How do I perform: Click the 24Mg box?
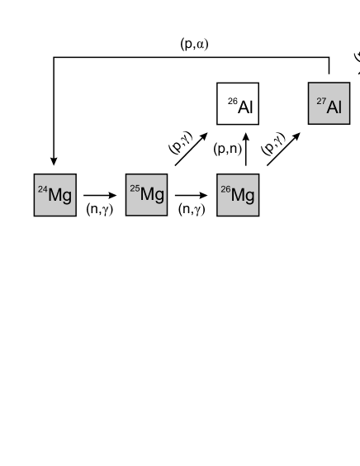click(54, 195)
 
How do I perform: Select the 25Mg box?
click(147, 195)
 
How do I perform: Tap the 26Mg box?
click(238, 195)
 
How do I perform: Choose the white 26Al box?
click(238, 104)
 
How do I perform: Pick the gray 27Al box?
click(329, 104)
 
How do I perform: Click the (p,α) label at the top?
click(194, 44)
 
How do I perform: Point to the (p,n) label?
click(226, 150)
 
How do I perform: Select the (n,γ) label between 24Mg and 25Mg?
click(99, 210)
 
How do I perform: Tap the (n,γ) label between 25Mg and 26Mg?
click(191, 210)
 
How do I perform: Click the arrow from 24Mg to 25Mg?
click(101, 196)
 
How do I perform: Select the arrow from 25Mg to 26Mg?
click(192, 196)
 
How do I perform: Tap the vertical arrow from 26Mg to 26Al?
click(245, 150)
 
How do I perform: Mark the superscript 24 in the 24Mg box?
click(43, 190)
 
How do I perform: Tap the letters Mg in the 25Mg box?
click(152, 196)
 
